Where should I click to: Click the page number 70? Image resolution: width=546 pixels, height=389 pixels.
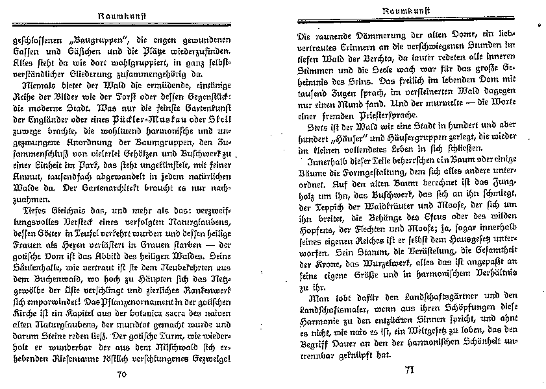[x=122, y=374]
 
